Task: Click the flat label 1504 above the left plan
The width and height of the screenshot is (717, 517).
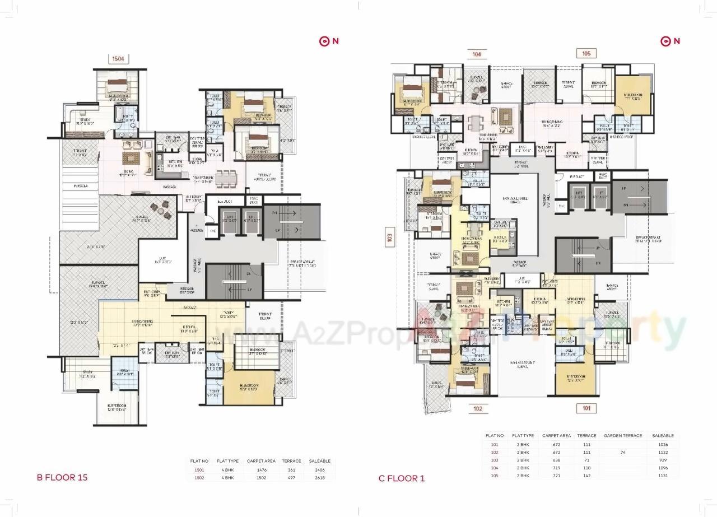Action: (118, 58)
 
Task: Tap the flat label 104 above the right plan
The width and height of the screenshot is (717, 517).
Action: (476, 54)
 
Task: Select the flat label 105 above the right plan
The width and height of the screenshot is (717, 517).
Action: (586, 54)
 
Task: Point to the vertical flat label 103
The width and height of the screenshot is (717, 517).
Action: (388, 237)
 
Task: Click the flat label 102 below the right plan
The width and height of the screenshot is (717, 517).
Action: (477, 409)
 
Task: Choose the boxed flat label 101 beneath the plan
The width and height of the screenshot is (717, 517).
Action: (586, 408)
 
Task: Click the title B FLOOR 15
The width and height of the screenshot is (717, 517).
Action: (62, 478)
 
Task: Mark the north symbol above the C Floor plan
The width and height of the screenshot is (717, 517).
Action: (670, 41)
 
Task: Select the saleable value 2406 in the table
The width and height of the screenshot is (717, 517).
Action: (323, 470)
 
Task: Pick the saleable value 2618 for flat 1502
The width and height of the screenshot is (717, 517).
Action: (323, 478)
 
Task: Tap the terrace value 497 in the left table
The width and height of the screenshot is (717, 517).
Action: (291, 478)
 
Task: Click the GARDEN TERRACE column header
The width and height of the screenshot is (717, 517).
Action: (622, 435)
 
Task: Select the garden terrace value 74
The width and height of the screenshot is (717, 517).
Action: (622, 452)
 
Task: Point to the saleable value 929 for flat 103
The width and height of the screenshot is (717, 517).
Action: (663, 460)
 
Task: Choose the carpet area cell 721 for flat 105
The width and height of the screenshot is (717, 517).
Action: (556, 476)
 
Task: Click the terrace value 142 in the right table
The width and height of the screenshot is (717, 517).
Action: (586, 476)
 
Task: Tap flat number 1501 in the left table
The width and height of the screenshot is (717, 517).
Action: (199, 470)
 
